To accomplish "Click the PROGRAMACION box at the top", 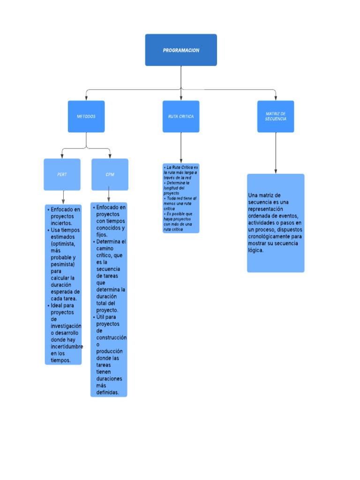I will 181,50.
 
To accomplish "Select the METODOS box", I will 86,116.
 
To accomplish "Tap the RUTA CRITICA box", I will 181,116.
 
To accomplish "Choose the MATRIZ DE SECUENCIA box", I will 276,116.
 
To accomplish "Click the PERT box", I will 62,174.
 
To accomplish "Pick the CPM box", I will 110,174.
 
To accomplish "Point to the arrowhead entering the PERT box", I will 62,156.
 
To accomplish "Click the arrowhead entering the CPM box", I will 110,156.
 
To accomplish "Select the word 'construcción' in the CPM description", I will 111,337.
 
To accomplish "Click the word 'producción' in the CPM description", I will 109,351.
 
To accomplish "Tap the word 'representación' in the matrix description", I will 265,209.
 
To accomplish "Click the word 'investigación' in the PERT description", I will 66,326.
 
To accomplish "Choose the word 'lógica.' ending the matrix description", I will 256,250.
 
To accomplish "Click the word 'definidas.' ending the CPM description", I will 108,392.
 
